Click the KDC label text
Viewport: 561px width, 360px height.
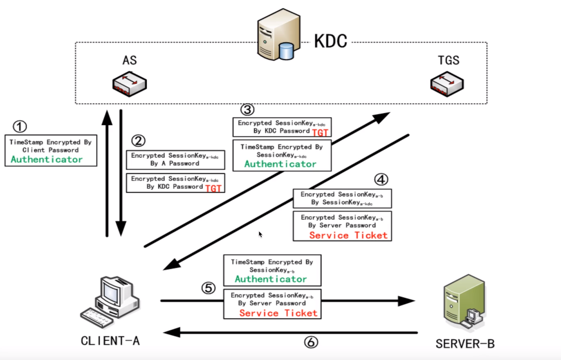click(330, 41)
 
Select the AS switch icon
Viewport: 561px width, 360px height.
click(129, 85)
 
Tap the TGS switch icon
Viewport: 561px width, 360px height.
click(447, 85)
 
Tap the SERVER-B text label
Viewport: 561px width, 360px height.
click(465, 344)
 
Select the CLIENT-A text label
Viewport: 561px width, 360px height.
click(110, 340)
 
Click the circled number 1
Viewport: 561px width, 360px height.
click(19, 126)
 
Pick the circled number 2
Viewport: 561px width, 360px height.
click(138, 141)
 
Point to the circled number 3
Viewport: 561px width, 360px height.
click(247, 109)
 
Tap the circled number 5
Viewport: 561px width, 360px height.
click(209, 288)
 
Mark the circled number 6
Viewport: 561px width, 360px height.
click(311, 342)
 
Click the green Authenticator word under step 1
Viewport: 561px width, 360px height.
click(47, 159)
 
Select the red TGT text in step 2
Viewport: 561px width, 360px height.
click(213, 188)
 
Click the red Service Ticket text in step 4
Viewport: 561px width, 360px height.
click(348, 235)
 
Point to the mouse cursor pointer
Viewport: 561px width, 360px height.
click(260, 234)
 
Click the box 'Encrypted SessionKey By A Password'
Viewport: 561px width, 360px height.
click(175, 159)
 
